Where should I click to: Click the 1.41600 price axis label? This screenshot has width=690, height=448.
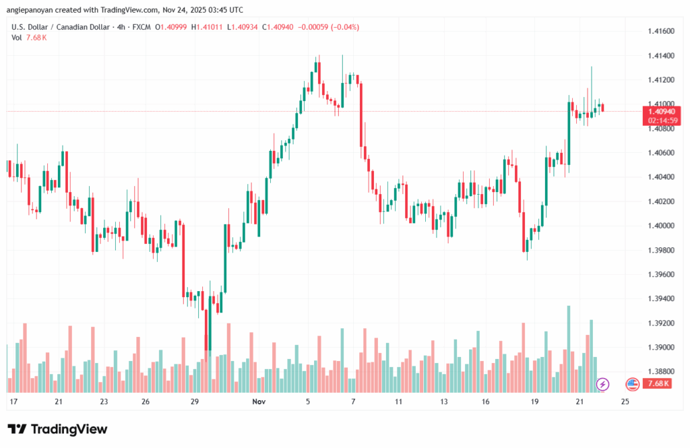click(x=660, y=31)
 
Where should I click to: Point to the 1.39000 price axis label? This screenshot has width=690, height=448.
click(x=660, y=347)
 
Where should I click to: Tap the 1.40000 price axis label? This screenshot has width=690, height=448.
click(x=660, y=225)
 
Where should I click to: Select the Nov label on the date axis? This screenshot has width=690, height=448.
click(x=258, y=402)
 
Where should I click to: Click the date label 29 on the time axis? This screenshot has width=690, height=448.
click(x=195, y=402)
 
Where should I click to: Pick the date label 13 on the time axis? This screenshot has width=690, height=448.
click(x=443, y=402)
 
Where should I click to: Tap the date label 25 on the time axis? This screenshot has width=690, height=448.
click(x=625, y=402)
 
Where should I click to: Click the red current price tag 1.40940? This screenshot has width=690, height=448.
click(x=661, y=111)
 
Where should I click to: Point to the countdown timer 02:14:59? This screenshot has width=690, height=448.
click(x=661, y=120)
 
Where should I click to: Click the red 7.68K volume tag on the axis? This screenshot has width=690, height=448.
click(x=658, y=383)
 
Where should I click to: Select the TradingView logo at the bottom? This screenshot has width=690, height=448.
click(x=57, y=429)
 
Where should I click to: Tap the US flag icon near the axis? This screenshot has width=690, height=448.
click(x=632, y=384)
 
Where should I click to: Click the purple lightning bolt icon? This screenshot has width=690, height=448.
click(x=602, y=384)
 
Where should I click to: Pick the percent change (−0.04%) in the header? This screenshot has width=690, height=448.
click(x=341, y=27)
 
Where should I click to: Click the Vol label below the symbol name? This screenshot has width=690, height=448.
click(x=17, y=38)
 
